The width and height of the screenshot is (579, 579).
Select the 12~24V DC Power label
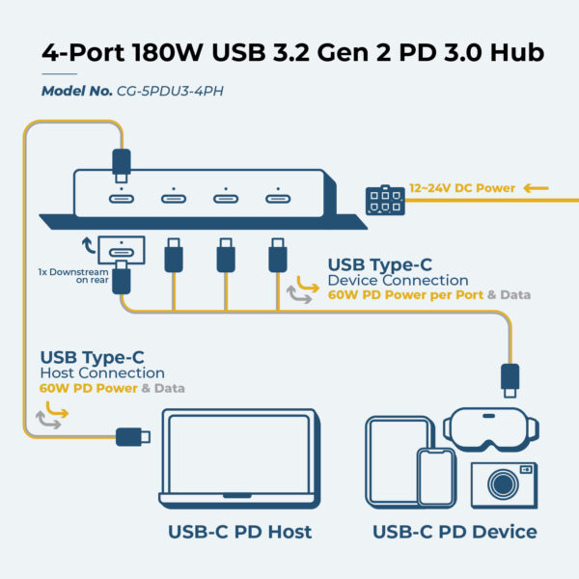click(462, 188)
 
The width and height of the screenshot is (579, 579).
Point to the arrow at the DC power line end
click(538, 188)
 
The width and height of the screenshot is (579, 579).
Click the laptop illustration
click(239, 461)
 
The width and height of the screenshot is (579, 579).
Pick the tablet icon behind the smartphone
click(397, 460)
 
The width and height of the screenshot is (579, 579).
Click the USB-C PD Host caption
click(239, 532)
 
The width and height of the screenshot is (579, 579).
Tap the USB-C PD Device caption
click(455, 532)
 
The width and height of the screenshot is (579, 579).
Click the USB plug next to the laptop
click(132, 437)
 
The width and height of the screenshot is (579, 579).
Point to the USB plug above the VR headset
click(510, 378)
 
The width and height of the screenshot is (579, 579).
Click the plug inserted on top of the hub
click(121, 163)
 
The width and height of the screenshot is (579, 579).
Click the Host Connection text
click(101, 372)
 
